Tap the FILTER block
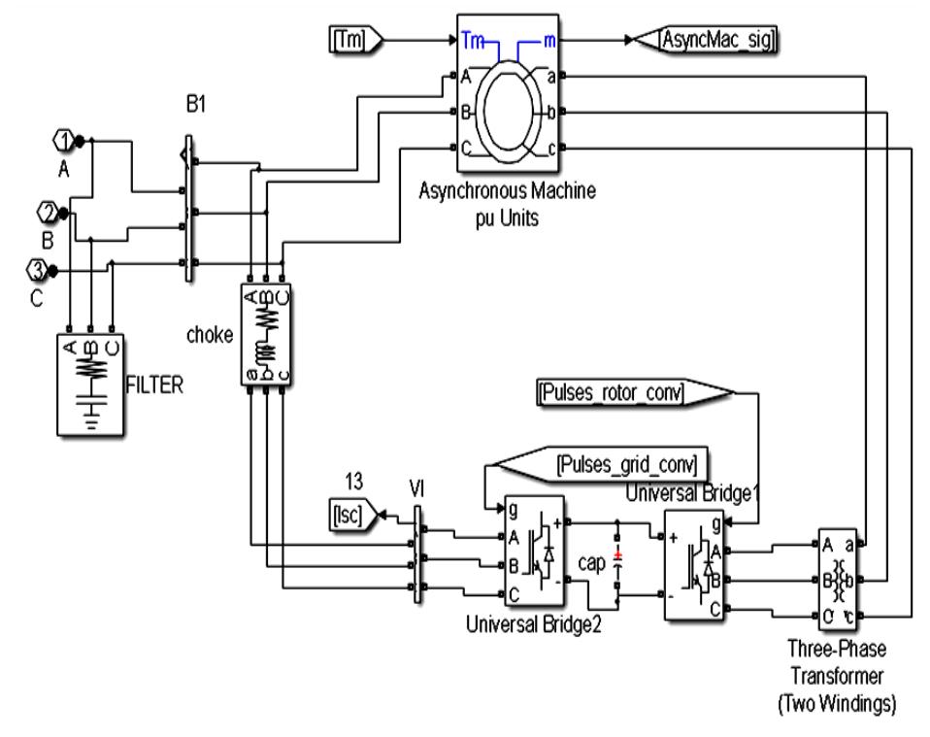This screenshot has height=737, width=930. [x=89, y=380]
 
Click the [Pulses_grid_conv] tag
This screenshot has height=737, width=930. [x=627, y=463]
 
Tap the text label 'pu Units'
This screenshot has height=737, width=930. [x=506, y=213]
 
